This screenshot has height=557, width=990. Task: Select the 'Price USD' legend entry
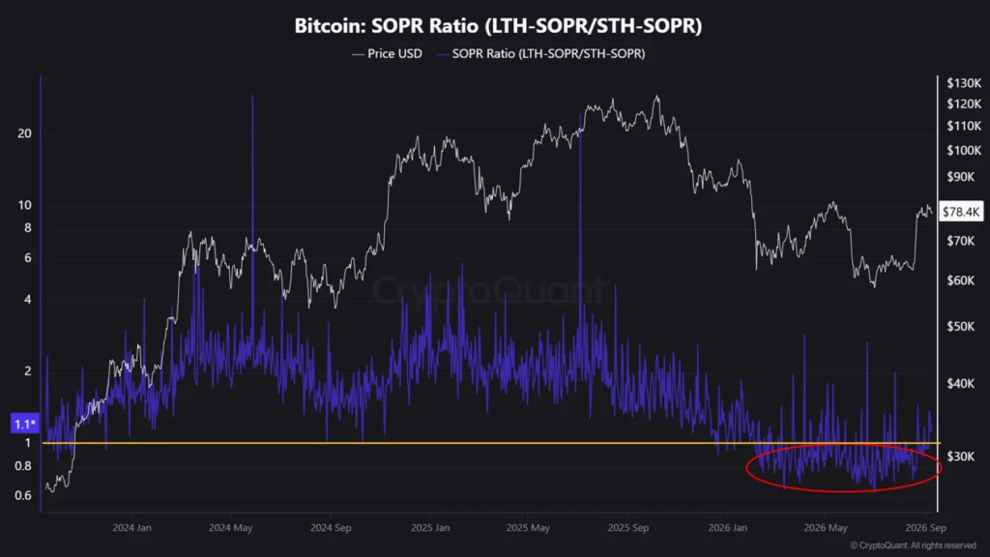387,54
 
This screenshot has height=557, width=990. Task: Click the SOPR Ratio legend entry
541,54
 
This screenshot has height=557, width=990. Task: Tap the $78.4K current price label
961,212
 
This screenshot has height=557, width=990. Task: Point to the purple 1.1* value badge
25,424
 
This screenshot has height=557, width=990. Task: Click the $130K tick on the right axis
964,83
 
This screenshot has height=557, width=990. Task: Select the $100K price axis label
964,150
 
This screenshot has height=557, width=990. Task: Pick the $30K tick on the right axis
961,456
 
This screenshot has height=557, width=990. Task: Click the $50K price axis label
961,327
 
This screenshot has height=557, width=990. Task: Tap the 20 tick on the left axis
24,133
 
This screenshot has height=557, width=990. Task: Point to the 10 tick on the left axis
24,205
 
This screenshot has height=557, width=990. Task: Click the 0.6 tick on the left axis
23,495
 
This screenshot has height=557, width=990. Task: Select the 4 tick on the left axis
27,300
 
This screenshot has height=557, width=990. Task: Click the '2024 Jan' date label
131,528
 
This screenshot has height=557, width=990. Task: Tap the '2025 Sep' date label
627,528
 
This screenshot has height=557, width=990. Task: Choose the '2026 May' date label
826,528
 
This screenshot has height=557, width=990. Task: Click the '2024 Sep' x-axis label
331,528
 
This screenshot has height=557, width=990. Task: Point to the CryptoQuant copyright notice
913,545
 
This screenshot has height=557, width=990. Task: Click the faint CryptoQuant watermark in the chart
488,290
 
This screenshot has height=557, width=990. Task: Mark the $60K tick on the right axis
961,279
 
